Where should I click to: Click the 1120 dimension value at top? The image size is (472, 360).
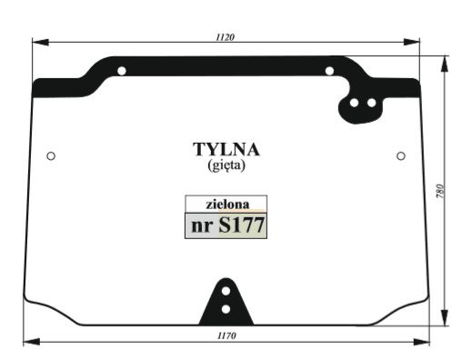226,37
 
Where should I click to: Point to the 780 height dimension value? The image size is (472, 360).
440,192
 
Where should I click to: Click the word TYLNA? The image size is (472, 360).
226,149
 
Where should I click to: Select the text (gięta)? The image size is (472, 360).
226,165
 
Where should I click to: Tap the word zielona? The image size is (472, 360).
226,205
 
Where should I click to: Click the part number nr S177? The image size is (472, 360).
226,225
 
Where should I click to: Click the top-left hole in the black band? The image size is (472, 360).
123,70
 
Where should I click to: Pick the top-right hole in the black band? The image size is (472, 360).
329,70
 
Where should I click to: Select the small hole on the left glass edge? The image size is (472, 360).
51,156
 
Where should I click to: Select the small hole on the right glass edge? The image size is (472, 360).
401,156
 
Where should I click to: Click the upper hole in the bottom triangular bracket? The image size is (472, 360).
226,293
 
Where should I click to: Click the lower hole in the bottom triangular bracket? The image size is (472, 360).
226,310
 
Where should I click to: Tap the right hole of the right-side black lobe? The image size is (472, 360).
371,103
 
